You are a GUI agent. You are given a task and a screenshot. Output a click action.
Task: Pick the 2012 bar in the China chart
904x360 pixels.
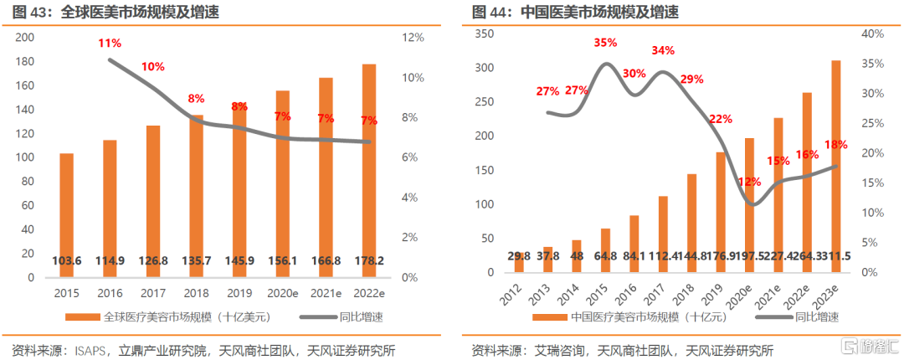pos(519,261)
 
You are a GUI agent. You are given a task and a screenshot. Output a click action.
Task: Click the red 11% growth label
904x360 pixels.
pos(110,43)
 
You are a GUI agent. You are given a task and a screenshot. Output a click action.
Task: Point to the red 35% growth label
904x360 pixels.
pos(605,43)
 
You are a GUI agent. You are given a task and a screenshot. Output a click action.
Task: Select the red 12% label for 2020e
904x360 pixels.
pos(750,182)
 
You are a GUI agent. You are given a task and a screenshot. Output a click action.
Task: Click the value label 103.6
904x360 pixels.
pos(67,260)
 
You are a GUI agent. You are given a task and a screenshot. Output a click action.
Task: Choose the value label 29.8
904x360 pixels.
pos(519,255)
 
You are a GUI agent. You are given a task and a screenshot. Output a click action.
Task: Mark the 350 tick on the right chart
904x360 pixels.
pos(485,33)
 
